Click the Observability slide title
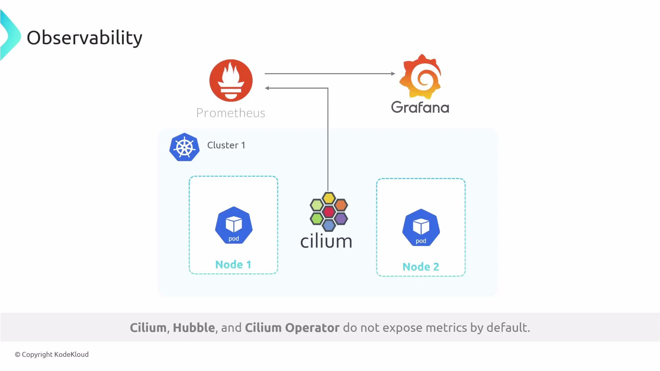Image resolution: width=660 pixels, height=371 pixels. click(x=84, y=38)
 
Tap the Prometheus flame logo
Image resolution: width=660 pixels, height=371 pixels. click(x=231, y=80)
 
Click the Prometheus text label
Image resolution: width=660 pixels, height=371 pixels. click(x=231, y=113)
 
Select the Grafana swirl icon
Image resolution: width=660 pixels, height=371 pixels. click(x=420, y=77)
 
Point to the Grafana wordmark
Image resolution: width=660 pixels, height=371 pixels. click(x=420, y=108)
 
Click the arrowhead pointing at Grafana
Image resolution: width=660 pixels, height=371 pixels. click(x=393, y=74)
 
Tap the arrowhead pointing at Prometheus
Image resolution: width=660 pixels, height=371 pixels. click(x=267, y=88)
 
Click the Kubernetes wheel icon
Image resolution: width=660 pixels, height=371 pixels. click(x=185, y=147)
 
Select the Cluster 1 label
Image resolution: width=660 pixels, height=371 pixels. click(x=226, y=145)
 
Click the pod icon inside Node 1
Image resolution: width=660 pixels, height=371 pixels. click(x=234, y=225)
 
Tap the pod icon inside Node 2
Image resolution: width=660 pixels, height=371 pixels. click(x=421, y=228)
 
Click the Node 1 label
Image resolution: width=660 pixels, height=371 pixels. click(x=233, y=265)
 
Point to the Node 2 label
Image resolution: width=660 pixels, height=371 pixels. click(x=421, y=267)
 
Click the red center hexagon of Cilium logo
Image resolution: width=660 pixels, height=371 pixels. click(x=329, y=212)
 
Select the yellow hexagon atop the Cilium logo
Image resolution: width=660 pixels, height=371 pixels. click(x=329, y=198)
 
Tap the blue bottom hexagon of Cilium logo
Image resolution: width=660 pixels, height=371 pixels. click(x=329, y=225)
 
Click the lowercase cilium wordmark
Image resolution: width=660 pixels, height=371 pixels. click(x=326, y=241)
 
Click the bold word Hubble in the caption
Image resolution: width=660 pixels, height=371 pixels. click(x=194, y=328)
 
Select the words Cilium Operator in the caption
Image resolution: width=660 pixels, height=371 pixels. click(x=292, y=328)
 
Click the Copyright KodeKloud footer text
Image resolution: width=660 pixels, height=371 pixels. click(x=52, y=355)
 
